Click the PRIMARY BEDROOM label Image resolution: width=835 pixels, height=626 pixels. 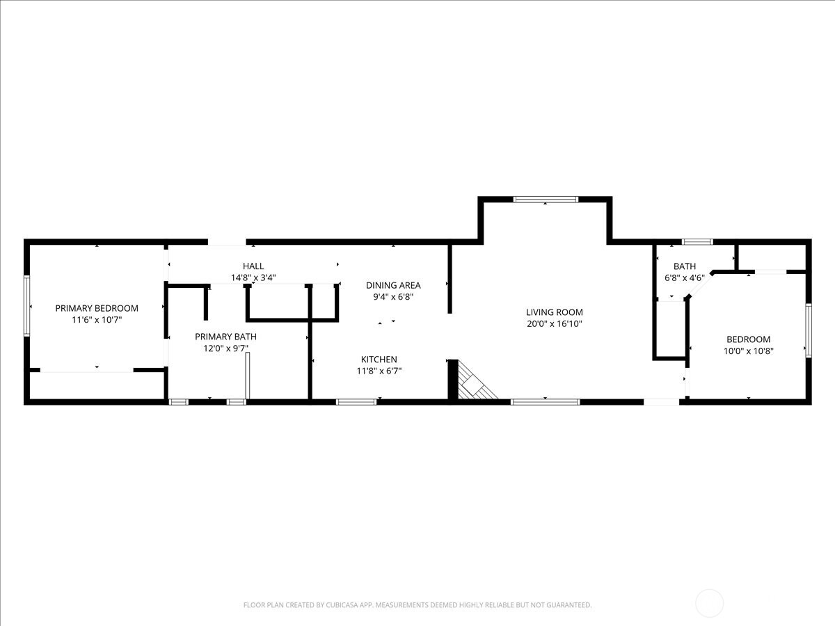[97, 308]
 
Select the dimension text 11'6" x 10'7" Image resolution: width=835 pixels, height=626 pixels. [97, 320]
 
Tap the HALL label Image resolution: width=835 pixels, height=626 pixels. [253, 266]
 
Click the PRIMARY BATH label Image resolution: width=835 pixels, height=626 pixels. [225, 337]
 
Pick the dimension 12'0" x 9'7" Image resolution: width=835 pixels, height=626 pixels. [225, 348]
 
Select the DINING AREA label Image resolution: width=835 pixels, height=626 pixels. [393, 285]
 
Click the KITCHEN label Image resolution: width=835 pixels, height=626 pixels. [379, 359]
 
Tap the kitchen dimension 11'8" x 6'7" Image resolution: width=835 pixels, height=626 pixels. [379, 371]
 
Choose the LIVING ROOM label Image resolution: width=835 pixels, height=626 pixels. [554, 312]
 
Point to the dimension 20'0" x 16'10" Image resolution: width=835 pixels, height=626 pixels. [554, 324]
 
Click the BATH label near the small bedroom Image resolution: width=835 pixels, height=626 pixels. [685, 266]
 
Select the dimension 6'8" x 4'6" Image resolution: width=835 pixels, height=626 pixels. [685, 278]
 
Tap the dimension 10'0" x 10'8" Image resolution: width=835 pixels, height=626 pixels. [749, 351]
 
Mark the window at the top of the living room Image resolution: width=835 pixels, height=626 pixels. [546, 200]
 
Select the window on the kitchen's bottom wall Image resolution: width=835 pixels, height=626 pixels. [356, 401]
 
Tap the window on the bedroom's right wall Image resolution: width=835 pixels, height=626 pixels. [808, 330]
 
